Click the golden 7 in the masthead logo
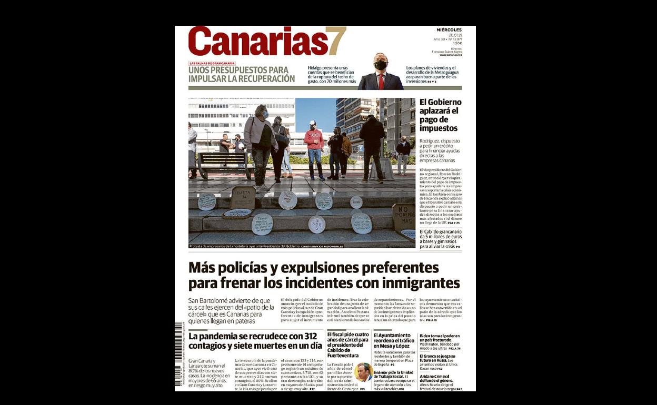click(x=336, y=41)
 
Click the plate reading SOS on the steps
click(x=316, y=224)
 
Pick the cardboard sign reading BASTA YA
click(x=243, y=198)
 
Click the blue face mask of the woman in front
click(x=264, y=114)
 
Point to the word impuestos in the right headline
click(x=439, y=128)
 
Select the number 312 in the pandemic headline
click(x=310, y=336)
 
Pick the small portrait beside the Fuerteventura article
click(x=363, y=372)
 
